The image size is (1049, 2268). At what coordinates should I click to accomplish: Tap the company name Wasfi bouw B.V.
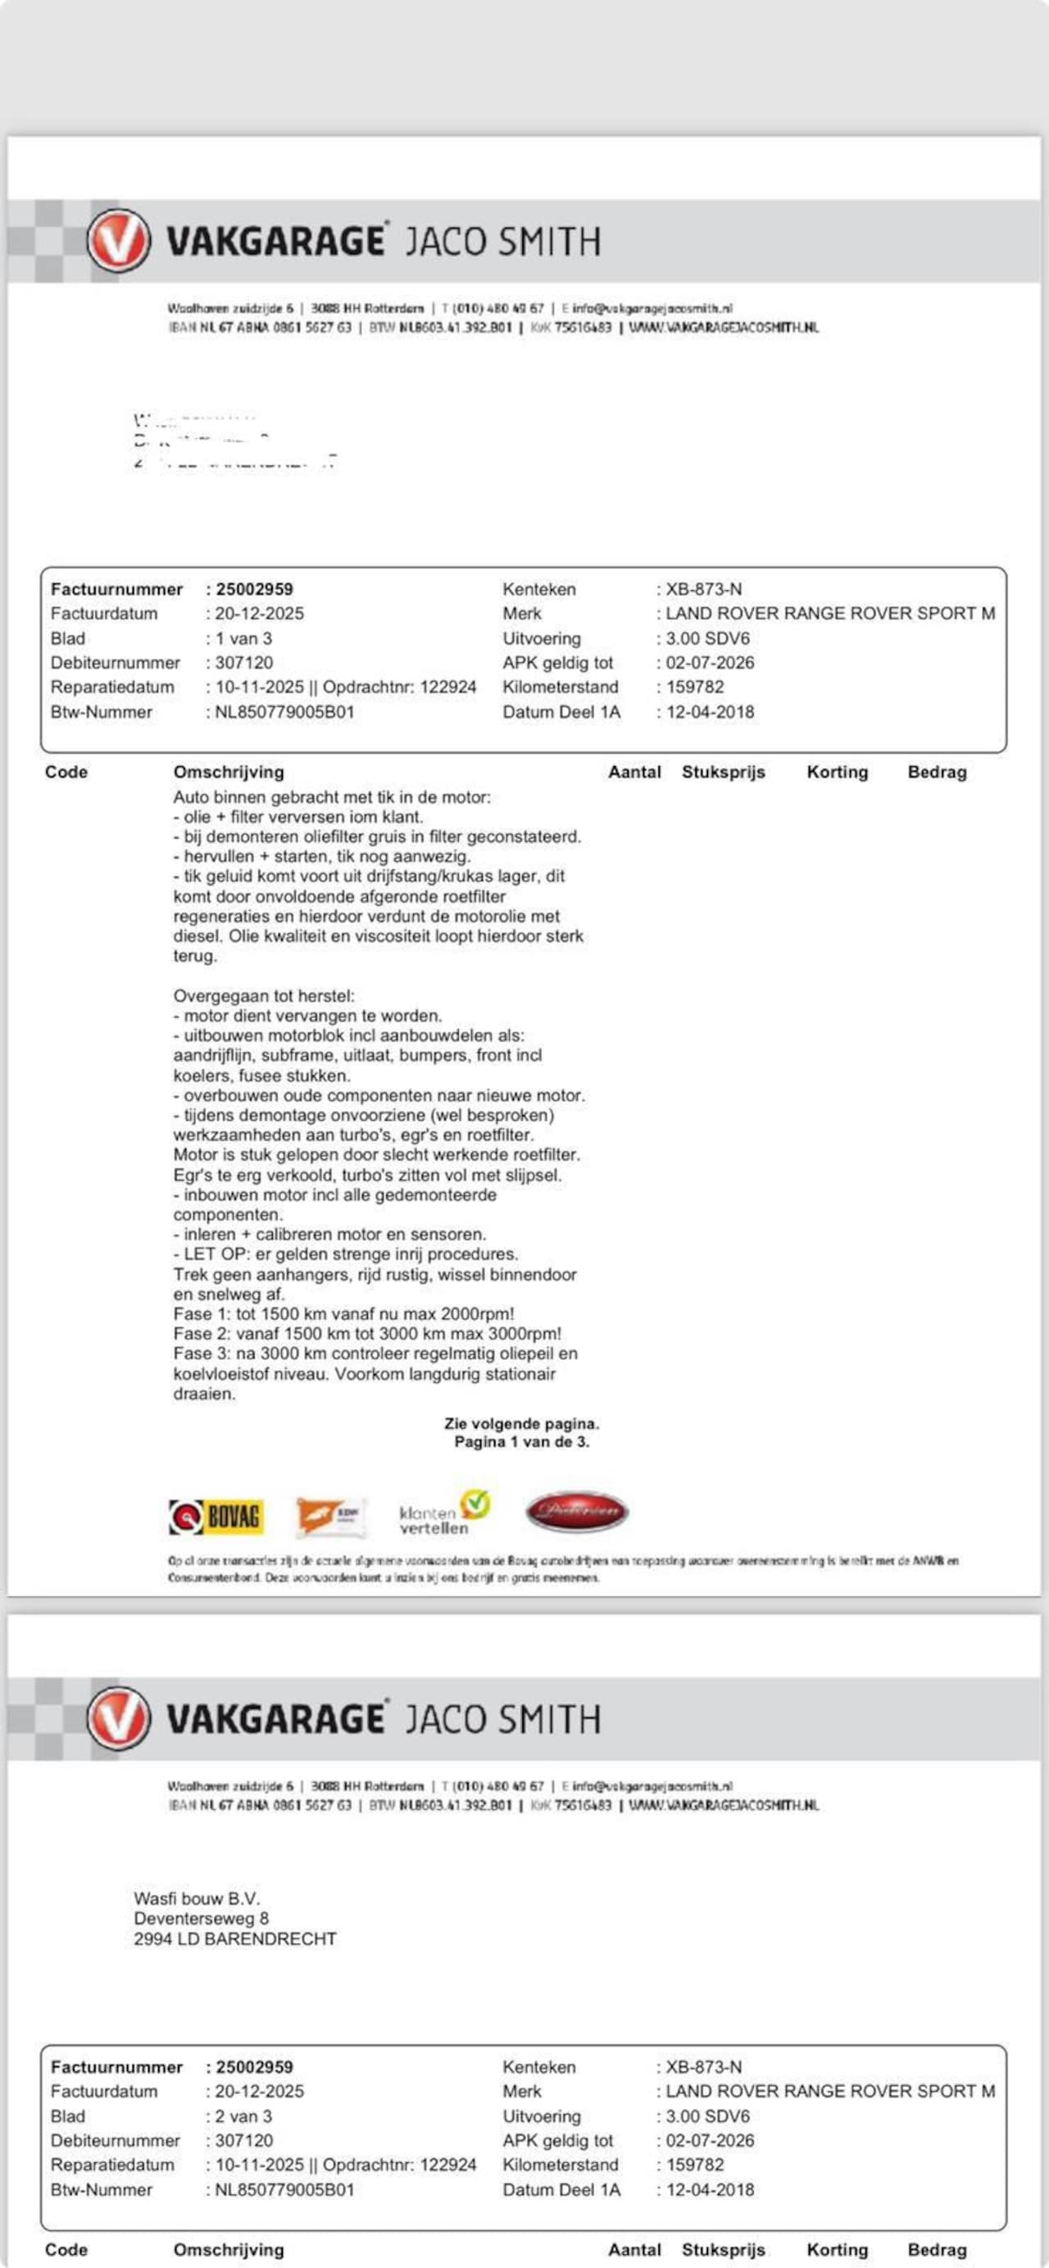coord(197,1898)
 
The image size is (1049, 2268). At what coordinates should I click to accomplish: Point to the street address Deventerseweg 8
coord(201,1918)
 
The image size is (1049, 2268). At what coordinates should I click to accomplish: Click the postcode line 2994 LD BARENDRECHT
coord(235,1939)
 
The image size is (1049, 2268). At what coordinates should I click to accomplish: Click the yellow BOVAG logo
coord(216,1516)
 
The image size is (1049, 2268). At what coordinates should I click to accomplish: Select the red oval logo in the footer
coord(577,1512)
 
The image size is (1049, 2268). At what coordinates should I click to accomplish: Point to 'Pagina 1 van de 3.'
coord(521,1441)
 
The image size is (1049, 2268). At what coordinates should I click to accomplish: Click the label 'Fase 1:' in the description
coord(202,1313)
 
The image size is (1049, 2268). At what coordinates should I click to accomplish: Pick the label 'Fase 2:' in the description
coord(202,1334)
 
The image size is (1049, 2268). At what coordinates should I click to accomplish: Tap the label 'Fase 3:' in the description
coord(202,1354)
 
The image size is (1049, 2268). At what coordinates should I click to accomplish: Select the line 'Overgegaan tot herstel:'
coord(263,996)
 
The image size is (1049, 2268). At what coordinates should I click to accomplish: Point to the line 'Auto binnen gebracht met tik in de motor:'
coord(332,798)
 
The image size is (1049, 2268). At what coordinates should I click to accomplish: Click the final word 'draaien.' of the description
coord(204,1394)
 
